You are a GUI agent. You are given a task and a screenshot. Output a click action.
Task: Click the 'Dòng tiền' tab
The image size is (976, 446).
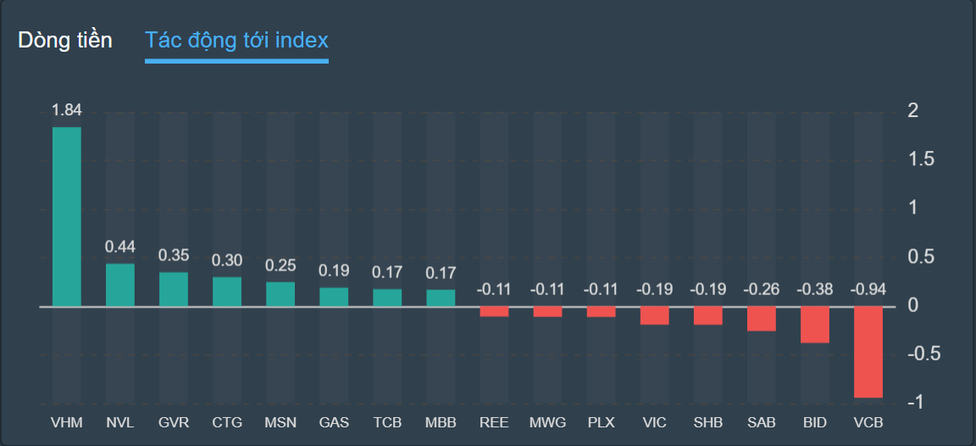point(65,40)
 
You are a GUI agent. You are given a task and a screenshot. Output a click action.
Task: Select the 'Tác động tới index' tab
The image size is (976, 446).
point(236,40)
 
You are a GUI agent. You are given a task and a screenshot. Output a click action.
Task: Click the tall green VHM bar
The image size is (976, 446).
point(67,216)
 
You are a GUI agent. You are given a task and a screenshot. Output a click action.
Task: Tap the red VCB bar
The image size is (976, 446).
point(868,352)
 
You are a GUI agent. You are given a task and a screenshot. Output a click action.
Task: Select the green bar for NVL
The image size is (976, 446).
point(120,285)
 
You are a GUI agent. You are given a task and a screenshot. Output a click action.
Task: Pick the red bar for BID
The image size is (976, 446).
point(815,325)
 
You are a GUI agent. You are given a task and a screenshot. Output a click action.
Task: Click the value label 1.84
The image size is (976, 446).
point(67,110)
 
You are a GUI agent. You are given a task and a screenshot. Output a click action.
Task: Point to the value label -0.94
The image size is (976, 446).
point(868,289)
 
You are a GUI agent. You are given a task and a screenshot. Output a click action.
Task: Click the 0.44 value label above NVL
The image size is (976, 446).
point(120,247)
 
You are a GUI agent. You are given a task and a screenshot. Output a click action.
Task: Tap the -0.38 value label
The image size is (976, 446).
point(815,289)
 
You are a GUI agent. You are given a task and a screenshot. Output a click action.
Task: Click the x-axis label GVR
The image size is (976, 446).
point(174,422)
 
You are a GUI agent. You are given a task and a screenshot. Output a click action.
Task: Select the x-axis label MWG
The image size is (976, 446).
point(547,422)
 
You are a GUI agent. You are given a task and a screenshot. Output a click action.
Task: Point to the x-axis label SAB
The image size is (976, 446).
point(762,422)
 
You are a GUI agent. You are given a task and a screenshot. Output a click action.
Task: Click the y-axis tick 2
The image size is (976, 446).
point(912,110)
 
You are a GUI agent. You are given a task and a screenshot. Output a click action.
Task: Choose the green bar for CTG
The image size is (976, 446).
point(227,292)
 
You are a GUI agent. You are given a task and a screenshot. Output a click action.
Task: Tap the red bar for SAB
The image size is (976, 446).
point(762,319)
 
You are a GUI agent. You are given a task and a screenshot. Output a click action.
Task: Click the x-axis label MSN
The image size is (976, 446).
point(280,422)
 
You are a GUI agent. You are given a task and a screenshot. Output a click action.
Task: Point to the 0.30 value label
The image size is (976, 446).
point(227,260)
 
